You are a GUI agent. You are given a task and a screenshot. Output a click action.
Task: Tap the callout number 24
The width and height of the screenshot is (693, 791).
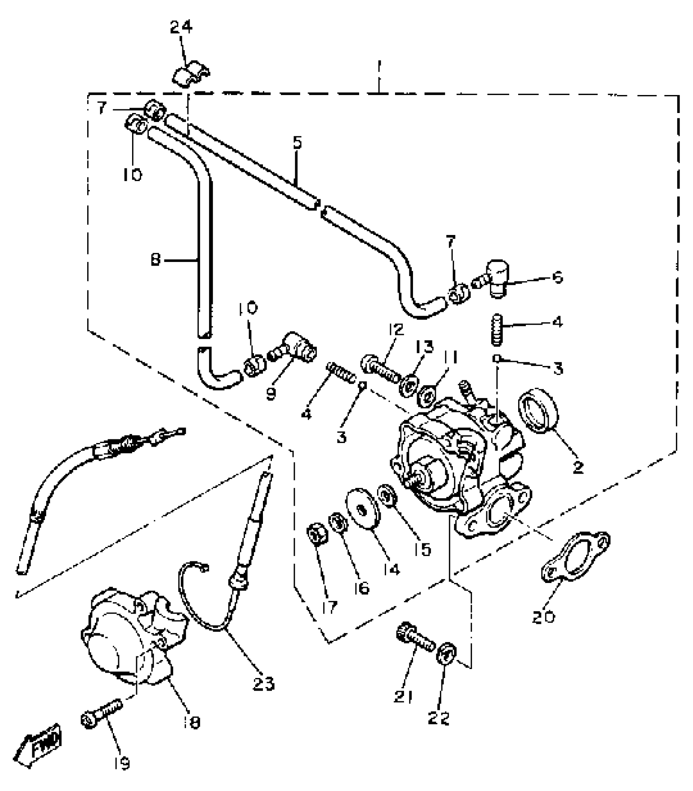click(x=181, y=27)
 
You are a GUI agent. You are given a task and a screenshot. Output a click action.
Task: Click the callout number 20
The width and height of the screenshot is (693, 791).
click(x=543, y=617)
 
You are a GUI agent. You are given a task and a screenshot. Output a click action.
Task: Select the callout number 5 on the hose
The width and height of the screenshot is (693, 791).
click(x=297, y=143)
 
